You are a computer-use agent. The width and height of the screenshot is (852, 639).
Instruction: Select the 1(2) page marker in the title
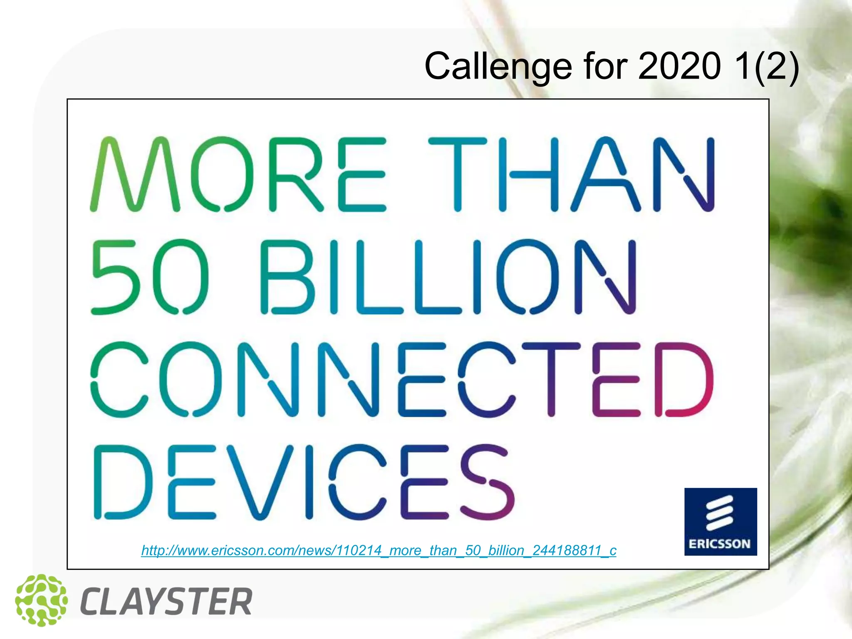click(x=766, y=66)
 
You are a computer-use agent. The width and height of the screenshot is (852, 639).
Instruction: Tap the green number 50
click(x=150, y=277)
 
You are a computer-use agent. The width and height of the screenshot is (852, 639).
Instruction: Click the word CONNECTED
click(x=402, y=379)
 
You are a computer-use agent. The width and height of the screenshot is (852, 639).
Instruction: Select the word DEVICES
click(x=304, y=482)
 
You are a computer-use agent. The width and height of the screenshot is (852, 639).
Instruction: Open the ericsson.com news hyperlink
click(x=379, y=550)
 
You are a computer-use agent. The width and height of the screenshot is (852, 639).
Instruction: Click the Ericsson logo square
click(x=721, y=522)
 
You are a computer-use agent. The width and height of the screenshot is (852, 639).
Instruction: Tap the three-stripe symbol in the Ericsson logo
click(x=719, y=513)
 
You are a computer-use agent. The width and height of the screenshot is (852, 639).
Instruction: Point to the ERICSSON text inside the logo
click(x=720, y=544)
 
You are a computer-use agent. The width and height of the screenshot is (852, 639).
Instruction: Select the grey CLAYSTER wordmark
click(x=166, y=602)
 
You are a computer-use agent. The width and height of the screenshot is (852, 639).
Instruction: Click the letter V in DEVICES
click(x=262, y=482)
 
